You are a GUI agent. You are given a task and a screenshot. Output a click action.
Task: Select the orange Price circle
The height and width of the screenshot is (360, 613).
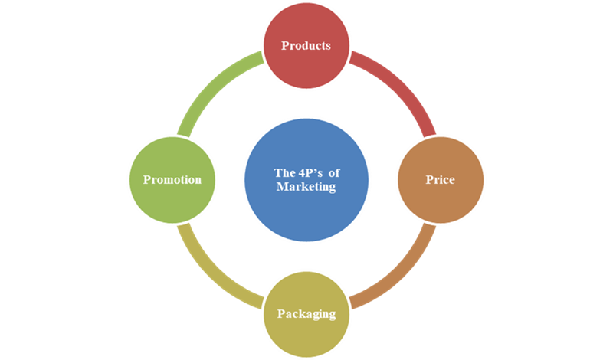click(x=441, y=180)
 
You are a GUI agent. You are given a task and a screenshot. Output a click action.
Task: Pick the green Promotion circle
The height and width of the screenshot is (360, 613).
click(x=172, y=180)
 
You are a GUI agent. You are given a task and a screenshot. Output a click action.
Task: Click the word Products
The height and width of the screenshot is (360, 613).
click(x=306, y=46)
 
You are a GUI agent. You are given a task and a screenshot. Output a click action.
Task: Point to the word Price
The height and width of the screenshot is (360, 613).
click(x=441, y=180)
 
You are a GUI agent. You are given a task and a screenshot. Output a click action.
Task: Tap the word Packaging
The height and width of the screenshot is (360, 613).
click(x=306, y=314)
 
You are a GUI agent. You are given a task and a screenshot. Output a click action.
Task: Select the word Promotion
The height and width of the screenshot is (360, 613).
click(x=172, y=180)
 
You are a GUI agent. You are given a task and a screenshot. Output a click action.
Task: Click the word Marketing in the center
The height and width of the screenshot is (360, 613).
click(x=306, y=187)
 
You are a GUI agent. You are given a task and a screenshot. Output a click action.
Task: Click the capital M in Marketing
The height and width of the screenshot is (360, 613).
click(x=281, y=187)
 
